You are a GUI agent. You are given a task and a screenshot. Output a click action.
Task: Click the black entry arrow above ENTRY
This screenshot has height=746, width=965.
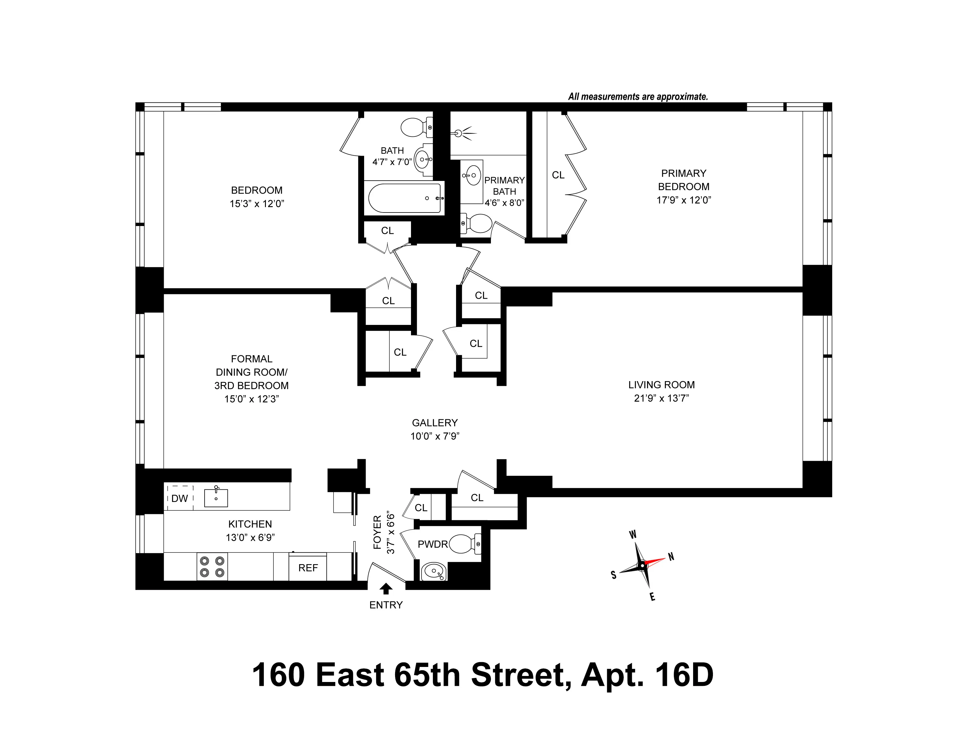386,588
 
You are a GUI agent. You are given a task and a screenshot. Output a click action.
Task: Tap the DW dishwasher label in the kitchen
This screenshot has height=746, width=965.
179,499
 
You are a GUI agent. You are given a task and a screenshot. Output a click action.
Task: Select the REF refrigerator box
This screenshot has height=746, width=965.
308,567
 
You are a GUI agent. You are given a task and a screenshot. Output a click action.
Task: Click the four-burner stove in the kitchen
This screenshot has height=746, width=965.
212,567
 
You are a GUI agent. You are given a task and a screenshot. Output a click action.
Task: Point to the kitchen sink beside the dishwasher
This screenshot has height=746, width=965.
216,498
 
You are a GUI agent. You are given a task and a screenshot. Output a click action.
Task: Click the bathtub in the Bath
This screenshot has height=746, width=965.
404,198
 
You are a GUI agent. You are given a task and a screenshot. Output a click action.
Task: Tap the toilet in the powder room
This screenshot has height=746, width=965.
464,544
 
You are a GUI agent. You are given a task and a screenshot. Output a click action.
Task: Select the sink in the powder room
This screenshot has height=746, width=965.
434,572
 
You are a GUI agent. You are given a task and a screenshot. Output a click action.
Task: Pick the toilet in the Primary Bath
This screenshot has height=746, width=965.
477,224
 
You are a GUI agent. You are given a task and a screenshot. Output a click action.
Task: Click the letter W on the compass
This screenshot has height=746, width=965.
633,535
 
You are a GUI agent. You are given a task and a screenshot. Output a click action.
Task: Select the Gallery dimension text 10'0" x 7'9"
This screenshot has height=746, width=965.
435,436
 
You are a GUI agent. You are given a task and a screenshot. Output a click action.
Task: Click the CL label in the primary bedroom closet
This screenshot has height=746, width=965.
558,175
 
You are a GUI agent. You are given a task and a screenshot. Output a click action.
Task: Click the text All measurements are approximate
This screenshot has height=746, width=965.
638,96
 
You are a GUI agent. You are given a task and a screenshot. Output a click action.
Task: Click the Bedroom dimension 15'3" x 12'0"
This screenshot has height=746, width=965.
257,204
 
